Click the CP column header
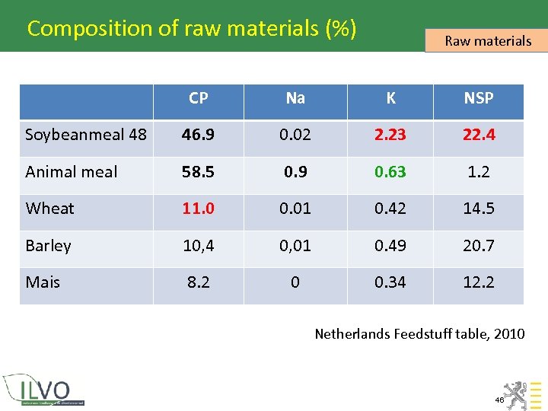[x=199, y=98]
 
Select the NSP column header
[x=479, y=98]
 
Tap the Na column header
[x=295, y=98]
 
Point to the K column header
[x=390, y=98]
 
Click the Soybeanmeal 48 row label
[x=86, y=135]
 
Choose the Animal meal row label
[x=72, y=172]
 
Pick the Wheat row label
[x=50, y=209]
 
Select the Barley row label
[x=48, y=246]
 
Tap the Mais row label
[x=43, y=282]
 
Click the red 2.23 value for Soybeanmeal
[x=390, y=135]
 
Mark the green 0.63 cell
[x=390, y=172]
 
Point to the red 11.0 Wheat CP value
[x=199, y=209]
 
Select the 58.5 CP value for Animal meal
[x=199, y=172]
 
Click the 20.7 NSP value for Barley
[x=479, y=246]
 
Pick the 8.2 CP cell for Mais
[x=199, y=282]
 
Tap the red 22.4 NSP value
[x=479, y=135]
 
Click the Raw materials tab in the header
[x=487, y=41]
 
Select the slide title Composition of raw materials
[x=192, y=29]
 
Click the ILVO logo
[x=44, y=389]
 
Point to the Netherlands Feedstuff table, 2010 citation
[x=419, y=333]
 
